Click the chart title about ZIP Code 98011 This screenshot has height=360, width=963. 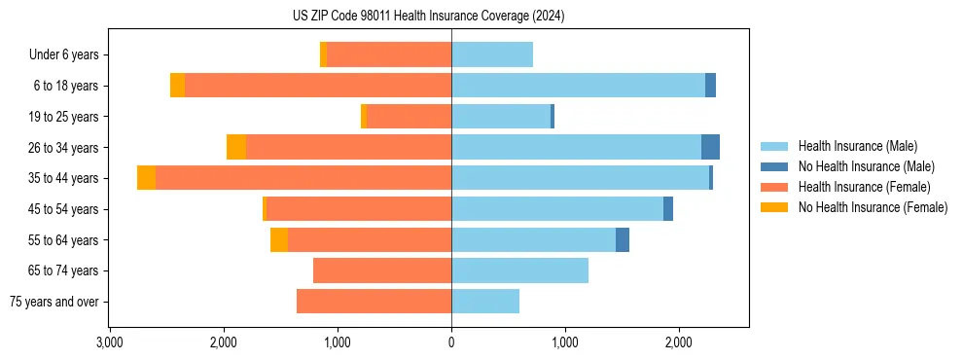pyautogui.click(x=428, y=17)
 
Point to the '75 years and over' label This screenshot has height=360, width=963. pyautogui.click(x=53, y=302)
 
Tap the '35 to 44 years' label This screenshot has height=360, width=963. pyautogui.click(x=64, y=178)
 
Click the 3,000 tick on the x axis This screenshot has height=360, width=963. pyautogui.click(x=109, y=342)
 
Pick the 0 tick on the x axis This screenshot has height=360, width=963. pyautogui.click(x=451, y=342)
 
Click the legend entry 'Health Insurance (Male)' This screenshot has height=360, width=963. pyautogui.click(x=857, y=146)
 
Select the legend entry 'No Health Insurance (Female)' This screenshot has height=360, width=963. pyautogui.click(x=873, y=207)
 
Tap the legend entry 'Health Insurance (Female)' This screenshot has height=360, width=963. pyautogui.click(x=864, y=187)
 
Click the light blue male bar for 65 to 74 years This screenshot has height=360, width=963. pyautogui.click(x=519, y=270)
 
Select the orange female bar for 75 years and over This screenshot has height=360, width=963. pyautogui.click(x=374, y=302)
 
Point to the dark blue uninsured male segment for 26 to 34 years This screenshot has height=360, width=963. pyautogui.click(x=710, y=147)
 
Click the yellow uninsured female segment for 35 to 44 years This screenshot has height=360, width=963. pyautogui.click(x=146, y=178)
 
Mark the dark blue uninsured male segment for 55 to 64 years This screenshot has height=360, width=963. pyautogui.click(x=623, y=239)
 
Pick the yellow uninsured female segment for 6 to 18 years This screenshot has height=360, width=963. pyautogui.click(x=177, y=86)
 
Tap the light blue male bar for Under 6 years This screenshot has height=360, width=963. pyautogui.click(x=492, y=54)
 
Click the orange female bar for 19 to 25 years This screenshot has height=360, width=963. pyautogui.click(x=409, y=117)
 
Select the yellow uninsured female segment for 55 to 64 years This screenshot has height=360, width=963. pyautogui.click(x=279, y=239)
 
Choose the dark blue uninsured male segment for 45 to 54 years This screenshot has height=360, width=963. pyautogui.click(x=668, y=209)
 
